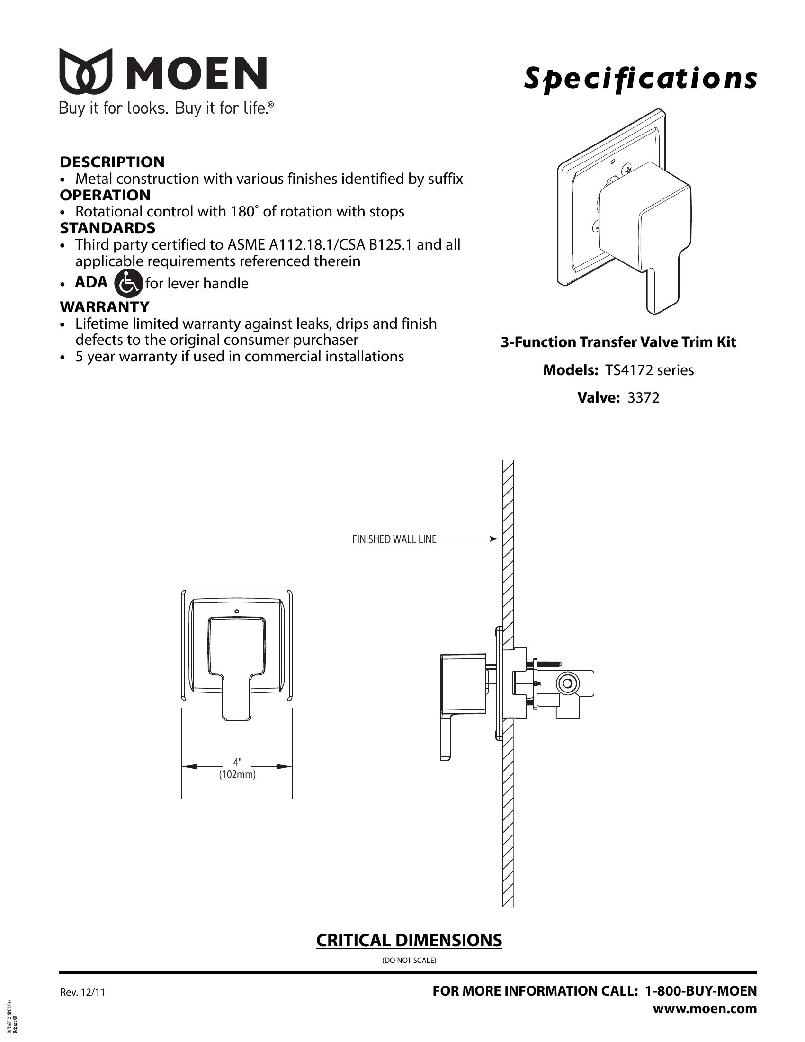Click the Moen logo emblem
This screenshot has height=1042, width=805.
86,71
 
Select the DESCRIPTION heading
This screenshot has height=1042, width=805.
112,162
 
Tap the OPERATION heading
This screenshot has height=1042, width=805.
105,195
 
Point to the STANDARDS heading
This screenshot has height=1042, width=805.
108,227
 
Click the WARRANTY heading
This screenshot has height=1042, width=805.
105,306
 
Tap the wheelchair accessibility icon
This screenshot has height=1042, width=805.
129,283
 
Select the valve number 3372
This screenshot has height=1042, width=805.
644,397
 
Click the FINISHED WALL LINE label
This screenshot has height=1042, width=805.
394,539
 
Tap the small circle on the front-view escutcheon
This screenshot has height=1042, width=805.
237,611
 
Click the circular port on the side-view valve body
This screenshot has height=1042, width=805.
567,683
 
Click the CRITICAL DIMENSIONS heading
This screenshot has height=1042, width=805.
409,940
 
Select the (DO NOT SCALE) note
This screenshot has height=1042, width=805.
409,960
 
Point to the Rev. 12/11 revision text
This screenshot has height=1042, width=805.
82,992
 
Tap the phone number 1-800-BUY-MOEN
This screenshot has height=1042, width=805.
700,990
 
